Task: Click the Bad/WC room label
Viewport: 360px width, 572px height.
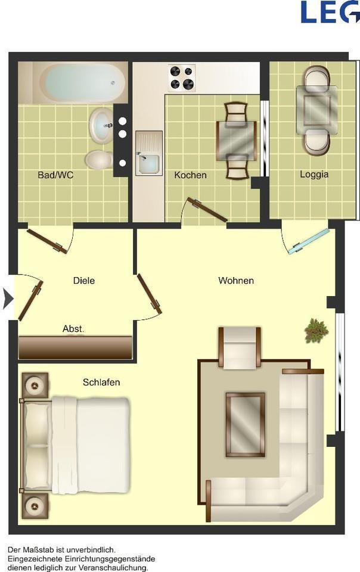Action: coord(55,175)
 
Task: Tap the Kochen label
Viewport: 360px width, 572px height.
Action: coord(190,175)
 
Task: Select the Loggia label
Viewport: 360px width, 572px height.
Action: coord(314,175)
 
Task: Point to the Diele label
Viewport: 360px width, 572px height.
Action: coord(84,281)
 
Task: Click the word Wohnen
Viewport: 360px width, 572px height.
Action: coord(236,281)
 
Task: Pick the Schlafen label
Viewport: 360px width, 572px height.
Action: coord(101,382)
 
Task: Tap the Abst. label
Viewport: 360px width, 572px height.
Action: coord(73,329)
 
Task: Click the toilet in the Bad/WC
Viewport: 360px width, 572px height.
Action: coord(99,160)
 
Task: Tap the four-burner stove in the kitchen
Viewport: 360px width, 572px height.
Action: coord(182,78)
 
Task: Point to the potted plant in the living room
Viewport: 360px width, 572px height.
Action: coord(316,331)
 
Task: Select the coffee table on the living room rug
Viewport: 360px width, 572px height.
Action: coord(245,424)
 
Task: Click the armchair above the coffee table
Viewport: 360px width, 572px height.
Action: coord(240,347)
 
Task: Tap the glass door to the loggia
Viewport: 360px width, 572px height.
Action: coord(308,241)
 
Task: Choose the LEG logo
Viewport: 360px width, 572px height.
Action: coord(330,12)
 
